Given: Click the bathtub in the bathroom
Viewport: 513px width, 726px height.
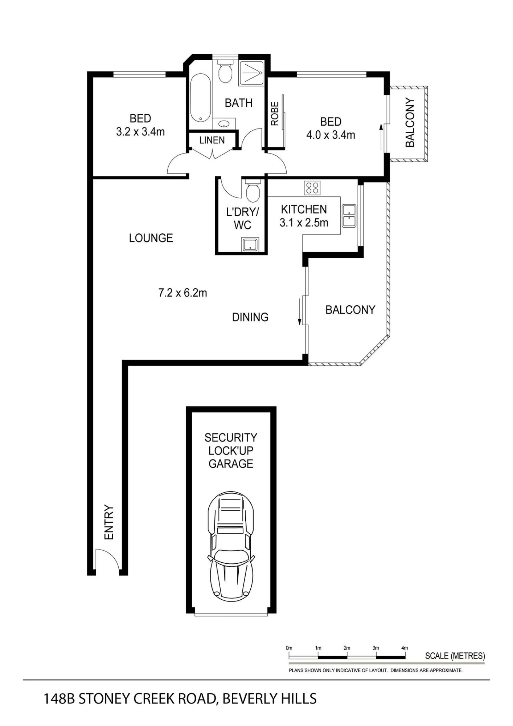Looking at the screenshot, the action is click(x=200, y=98).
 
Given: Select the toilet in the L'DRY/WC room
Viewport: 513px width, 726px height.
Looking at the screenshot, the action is click(x=253, y=191).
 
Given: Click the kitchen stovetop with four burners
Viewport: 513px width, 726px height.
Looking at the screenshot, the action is click(x=312, y=188).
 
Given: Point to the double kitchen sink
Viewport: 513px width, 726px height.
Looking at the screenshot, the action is click(x=349, y=216).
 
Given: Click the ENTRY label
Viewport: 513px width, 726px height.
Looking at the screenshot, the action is click(x=109, y=522).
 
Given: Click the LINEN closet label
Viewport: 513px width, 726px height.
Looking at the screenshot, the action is click(x=212, y=140).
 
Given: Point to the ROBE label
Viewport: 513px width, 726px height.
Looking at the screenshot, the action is click(x=275, y=114).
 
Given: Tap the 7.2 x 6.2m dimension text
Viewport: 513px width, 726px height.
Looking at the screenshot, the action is click(x=182, y=293).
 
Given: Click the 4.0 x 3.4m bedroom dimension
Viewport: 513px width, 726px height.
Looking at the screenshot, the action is click(x=331, y=135).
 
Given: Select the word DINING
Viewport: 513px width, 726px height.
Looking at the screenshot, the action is click(x=250, y=317).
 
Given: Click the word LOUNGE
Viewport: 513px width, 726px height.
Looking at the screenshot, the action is click(x=151, y=238).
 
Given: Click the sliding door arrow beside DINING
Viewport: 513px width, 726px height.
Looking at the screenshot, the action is click(x=300, y=311).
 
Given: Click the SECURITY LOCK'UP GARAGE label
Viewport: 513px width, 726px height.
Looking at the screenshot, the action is click(x=231, y=450).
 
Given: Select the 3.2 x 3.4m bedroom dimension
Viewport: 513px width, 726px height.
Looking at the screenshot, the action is click(x=140, y=132).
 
